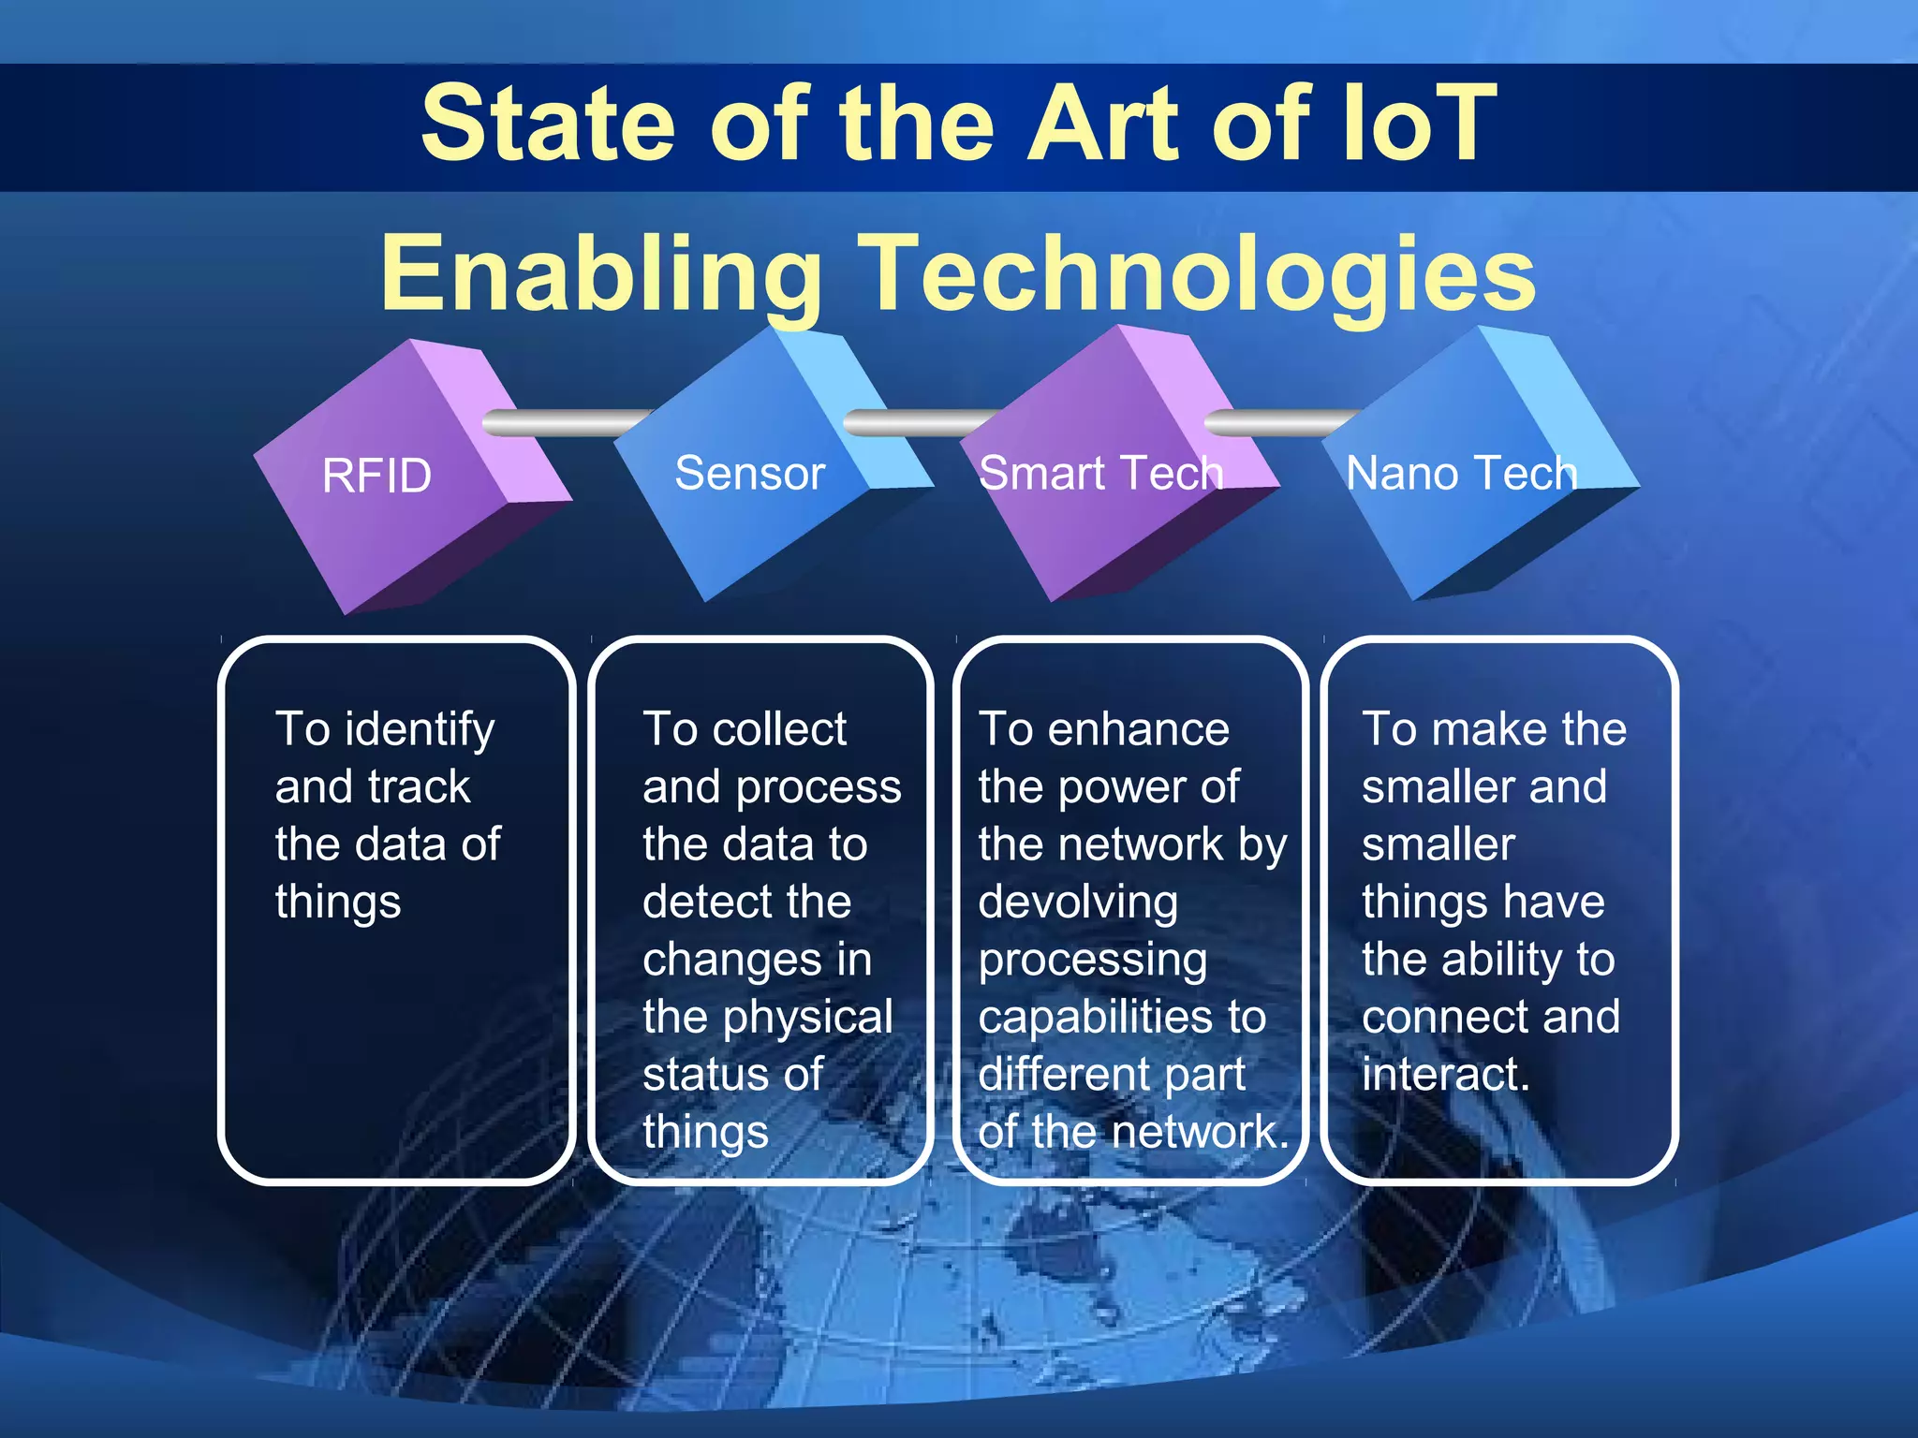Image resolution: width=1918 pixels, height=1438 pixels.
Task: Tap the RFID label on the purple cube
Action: (x=376, y=477)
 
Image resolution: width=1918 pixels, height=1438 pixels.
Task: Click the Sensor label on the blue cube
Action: (x=749, y=474)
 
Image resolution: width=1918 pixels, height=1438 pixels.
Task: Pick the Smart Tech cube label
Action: (x=1100, y=474)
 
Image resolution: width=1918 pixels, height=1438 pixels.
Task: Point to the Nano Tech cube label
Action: (x=1461, y=474)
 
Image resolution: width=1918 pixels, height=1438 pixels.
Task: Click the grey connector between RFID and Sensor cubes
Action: (x=562, y=423)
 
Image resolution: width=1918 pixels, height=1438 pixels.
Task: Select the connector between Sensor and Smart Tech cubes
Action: (x=918, y=423)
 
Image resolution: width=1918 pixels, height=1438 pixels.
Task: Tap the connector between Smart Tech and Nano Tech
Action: (x=1278, y=423)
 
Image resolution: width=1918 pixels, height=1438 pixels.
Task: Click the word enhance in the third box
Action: (x=1138, y=730)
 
